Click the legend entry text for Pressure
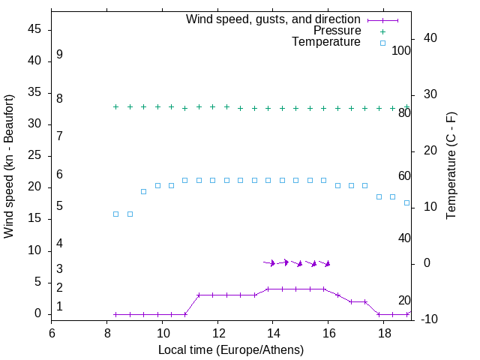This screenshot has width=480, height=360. tap(337, 31)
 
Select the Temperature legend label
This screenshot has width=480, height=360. tap(326, 42)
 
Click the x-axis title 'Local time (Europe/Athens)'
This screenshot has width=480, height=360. tap(231, 350)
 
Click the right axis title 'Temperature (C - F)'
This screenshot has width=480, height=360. tap(451, 165)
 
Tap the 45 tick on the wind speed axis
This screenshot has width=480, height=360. tap(33, 29)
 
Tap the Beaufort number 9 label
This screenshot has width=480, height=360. tap(59, 55)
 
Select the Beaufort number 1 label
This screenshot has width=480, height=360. tap(59, 307)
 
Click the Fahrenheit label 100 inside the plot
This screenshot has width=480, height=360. tap(402, 50)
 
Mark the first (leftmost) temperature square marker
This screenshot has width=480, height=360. tap(115, 214)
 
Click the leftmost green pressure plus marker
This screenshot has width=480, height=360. tap(115, 106)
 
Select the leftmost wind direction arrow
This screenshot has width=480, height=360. tap(269, 262)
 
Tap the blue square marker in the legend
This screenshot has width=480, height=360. tap(382, 43)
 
